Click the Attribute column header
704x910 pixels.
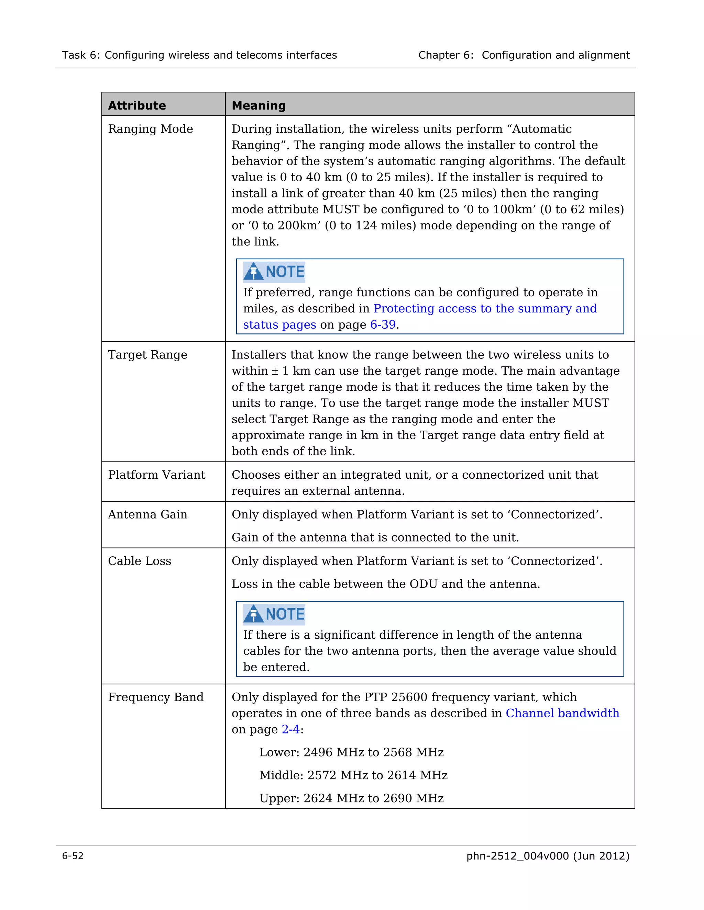click(x=137, y=105)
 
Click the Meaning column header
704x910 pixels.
click(x=258, y=105)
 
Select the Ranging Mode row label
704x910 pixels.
click(x=150, y=129)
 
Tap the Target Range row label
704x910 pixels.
click(x=147, y=355)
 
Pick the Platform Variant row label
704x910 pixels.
click(x=156, y=475)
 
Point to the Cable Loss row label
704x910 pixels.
click(x=139, y=561)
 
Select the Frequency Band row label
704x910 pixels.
click(x=156, y=697)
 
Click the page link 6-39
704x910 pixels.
click(x=383, y=325)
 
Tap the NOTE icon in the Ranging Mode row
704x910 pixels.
click(x=274, y=272)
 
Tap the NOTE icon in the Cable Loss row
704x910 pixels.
click(x=274, y=614)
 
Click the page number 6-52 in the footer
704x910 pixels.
click(x=73, y=856)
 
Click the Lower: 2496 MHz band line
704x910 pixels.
click(x=351, y=752)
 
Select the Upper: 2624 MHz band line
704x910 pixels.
click(x=351, y=798)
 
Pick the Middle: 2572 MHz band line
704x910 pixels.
click(x=353, y=775)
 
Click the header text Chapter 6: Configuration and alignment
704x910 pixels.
click(x=524, y=55)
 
